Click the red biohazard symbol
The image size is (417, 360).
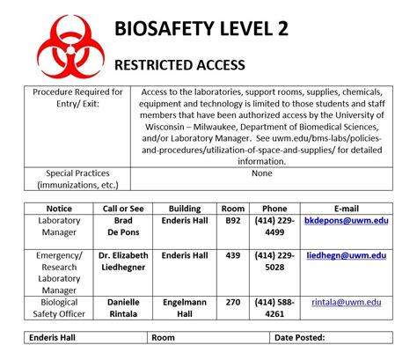point(55,41)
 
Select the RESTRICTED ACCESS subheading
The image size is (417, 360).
point(180,66)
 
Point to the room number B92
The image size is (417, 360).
point(233,221)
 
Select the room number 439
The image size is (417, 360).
point(233,255)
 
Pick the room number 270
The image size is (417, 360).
point(233,302)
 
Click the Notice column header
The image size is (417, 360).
point(60,208)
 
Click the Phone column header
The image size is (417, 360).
point(274,208)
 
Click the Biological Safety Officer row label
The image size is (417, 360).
point(60,307)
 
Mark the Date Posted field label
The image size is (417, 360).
point(300,337)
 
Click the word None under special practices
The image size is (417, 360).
point(261,173)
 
